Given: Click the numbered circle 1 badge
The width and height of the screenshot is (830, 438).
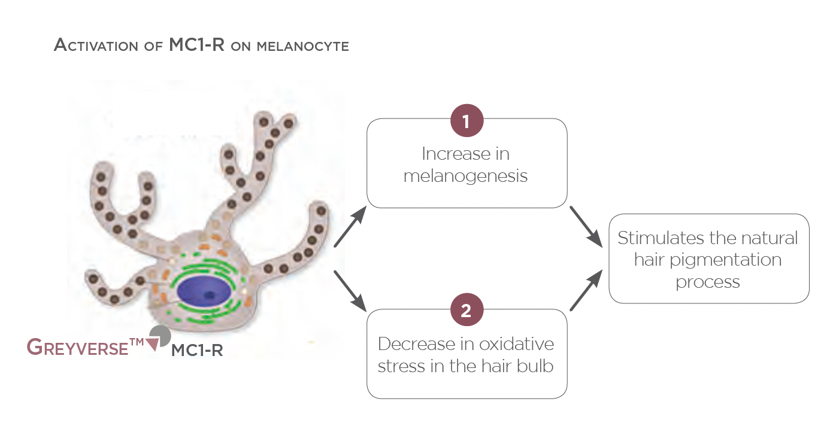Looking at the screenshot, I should coord(467,121).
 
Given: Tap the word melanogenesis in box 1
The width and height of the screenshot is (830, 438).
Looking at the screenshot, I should coord(465,177).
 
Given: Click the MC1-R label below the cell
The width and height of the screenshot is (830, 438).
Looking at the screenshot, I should coord(196,351).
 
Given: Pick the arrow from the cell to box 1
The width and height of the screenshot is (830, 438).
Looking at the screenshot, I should coord(350,227).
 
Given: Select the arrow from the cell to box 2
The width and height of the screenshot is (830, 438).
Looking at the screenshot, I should coord(350,291).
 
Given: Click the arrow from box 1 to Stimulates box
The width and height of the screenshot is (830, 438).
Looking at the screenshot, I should coord(586,227).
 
